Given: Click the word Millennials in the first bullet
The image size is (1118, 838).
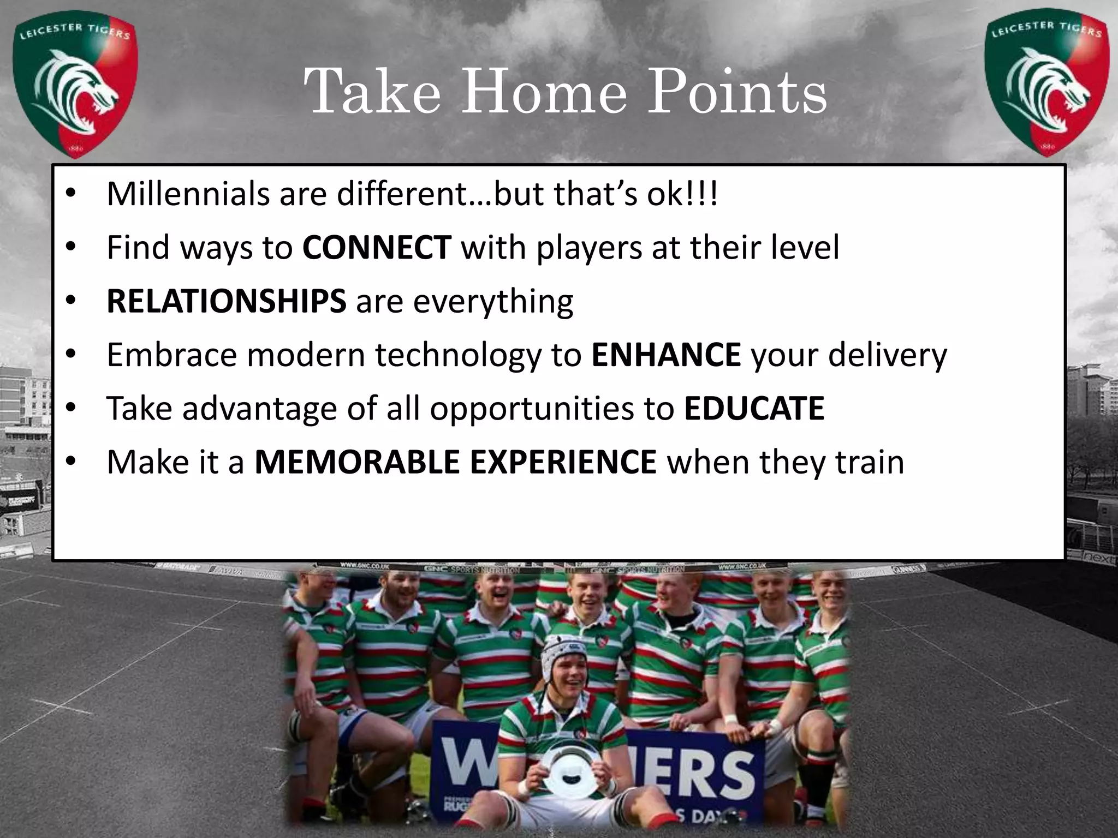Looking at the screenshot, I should pyautogui.click(x=188, y=194).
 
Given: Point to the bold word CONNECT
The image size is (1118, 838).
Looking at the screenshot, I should pyautogui.click(x=377, y=248).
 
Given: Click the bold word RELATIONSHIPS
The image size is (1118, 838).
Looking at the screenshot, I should pyautogui.click(x=226, y=301).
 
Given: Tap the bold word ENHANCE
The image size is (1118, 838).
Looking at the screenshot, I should pyautogui.click(x=666, y=355).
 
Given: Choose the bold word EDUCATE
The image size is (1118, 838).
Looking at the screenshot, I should pyautogui.click(x=754, y=408).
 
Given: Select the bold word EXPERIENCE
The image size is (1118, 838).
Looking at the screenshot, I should pyautogui.click(x=563, y=462).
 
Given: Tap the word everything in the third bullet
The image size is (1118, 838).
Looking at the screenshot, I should pyautogui.click(x=493, y=302).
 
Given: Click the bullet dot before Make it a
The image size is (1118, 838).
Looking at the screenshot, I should pyautogui.click(x=70, y=462).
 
